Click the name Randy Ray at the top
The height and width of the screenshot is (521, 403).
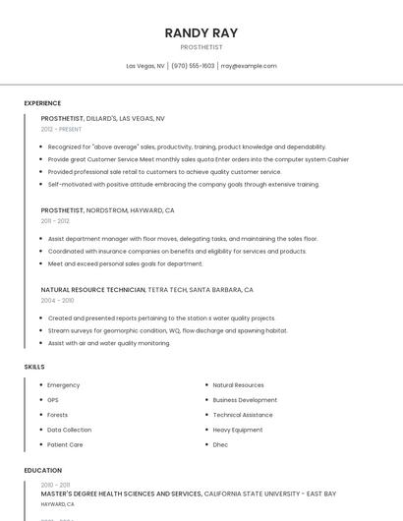201,32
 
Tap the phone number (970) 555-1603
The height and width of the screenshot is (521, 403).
193,66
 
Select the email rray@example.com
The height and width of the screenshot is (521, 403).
249,66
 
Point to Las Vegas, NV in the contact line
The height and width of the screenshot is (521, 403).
145,66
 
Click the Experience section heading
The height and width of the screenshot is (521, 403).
42,103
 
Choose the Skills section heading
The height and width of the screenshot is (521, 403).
33,367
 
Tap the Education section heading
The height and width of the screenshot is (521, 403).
43,471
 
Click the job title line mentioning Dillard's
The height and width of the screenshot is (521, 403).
102,118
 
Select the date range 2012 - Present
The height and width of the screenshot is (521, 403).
61,129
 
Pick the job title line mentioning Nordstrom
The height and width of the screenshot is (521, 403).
107,210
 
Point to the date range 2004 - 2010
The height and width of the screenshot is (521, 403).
56,301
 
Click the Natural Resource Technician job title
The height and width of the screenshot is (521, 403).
93,290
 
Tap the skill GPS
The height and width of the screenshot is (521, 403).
53,400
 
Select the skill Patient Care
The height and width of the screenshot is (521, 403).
65,444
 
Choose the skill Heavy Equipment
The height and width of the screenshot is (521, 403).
237,430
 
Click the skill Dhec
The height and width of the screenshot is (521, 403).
220,444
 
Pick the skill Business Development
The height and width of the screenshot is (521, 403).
245,400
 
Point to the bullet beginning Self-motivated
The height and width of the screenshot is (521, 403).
183,184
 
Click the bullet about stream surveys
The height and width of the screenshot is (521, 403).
167,330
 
